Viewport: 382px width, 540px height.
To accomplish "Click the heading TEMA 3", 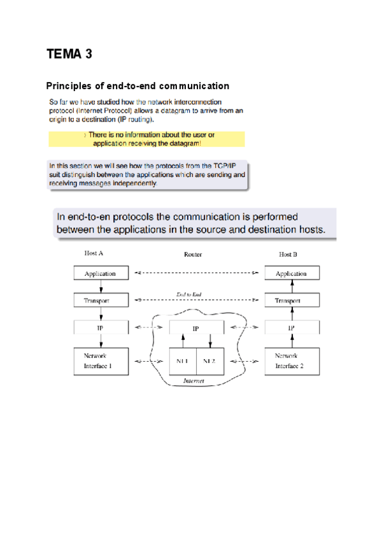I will click(x=69, y=54).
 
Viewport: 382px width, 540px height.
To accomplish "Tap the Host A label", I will click(x=94, y=253).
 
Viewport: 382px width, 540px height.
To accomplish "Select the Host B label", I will click(x=288, y=254).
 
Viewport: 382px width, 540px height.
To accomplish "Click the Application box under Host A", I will click(x=101, y=274).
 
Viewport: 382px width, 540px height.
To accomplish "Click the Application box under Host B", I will click(x=291, y=274).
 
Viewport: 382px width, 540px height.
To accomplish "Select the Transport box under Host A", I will click(x=101, y=300).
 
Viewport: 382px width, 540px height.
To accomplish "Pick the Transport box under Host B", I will click(x=291, y=300).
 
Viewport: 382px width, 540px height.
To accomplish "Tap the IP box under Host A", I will click(x=101, y=328).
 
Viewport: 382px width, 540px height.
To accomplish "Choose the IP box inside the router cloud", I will click(x=196, y=329).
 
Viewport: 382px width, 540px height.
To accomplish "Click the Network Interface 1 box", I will click(x=101, y=361).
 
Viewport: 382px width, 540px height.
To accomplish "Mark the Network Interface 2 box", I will click(x=291, y=361).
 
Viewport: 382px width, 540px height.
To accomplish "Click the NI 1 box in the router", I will click(x=183, y=361).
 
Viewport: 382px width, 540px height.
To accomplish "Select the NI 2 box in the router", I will click(x=209, y=361).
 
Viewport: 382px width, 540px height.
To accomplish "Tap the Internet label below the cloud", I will click(x=194, y=380).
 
